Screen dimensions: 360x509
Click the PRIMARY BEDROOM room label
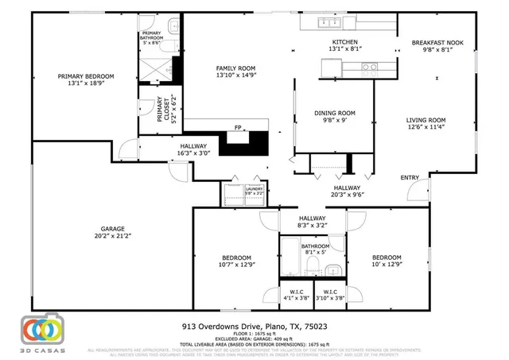[86, 76]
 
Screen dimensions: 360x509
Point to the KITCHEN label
[344, 42]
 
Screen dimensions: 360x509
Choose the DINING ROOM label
[335, 113]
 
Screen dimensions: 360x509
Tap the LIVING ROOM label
[426, 120]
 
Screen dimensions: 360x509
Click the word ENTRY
[410, 177]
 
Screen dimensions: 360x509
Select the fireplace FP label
[237, 127]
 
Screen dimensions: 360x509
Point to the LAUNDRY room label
[254, 189]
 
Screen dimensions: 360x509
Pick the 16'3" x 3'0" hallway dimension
[193, 154]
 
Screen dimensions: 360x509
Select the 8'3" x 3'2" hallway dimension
[313, 226]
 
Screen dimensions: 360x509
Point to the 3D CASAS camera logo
[40, 327]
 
